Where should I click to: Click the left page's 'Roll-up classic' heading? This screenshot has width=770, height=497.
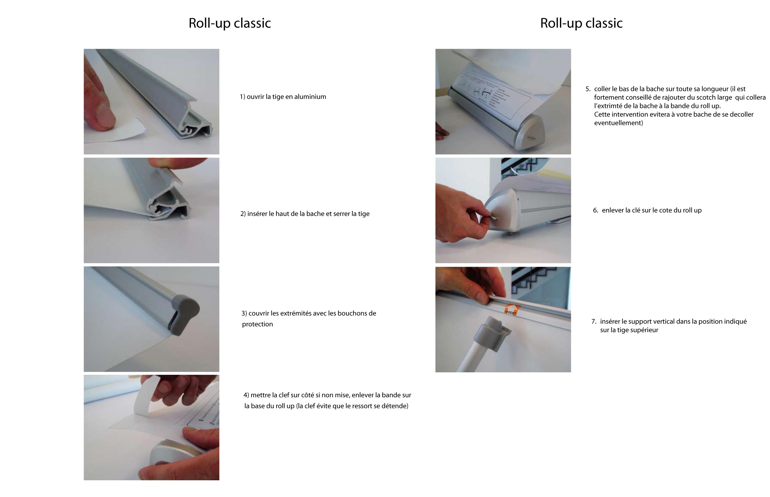(x=229, y=23)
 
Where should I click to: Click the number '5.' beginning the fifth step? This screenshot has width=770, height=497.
(x=588, y=89)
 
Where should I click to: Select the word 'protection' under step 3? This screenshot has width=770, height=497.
(x=257, y=324)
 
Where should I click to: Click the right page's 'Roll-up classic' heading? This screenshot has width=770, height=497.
(x=581, y=23)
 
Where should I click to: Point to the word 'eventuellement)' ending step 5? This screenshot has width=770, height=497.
(x=618, y=123)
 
